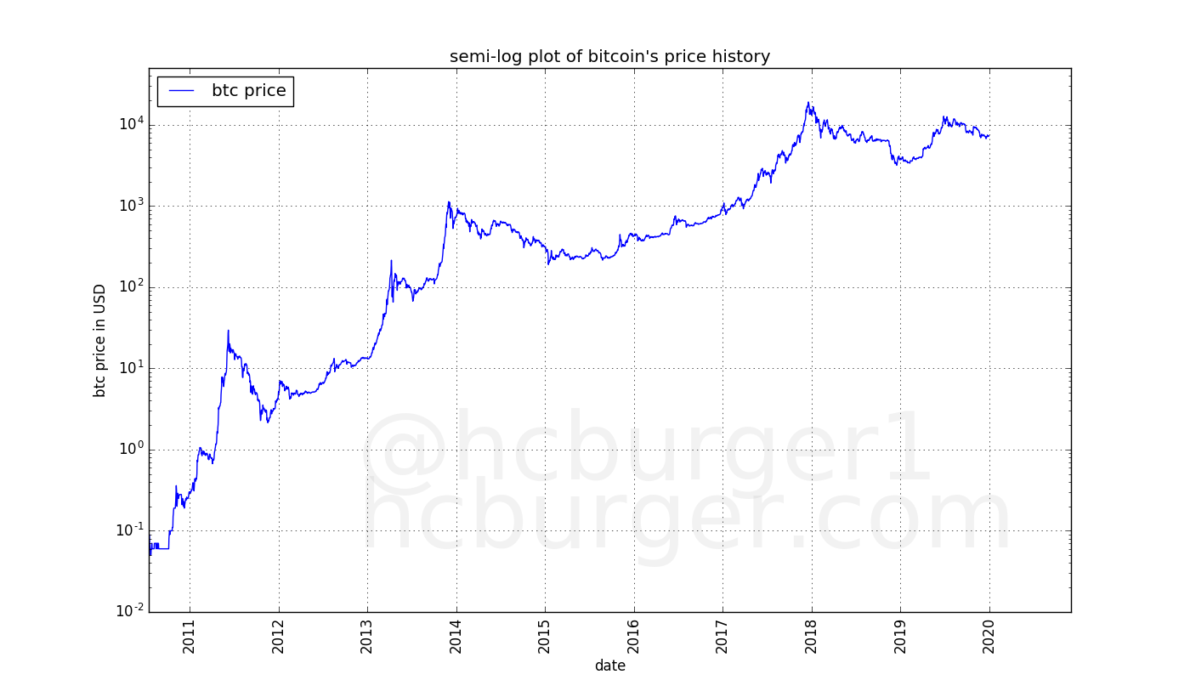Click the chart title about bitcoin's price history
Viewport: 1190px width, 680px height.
click(x=609, y=57)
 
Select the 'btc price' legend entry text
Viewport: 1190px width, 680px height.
click(x=248, y=91)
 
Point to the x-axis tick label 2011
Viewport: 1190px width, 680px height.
click(x=190, y=637)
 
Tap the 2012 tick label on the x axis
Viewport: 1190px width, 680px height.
click(x=279, y=637)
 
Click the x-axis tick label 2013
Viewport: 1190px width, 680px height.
click(x=367, y=637)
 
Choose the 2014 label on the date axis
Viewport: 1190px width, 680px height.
click(x=456, y=637)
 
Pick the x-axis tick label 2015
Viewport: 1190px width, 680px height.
click(x=545, y=637)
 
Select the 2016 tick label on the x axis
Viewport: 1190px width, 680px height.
click(x=634, y=637)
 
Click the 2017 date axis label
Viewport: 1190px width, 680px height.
click(x=722, y=637)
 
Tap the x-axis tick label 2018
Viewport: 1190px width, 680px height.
click(x=812, y=637)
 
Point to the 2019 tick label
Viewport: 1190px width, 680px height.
click(x=900, y=637)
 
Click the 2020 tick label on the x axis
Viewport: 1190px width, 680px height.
click(x=989, y=637)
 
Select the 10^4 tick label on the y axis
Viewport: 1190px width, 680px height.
click(x=130, y=124)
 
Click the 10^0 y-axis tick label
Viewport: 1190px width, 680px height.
click(x=130, y=449)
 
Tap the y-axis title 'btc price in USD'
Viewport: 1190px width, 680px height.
click(x=100, y=340)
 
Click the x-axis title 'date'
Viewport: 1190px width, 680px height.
click(x=609, y=666)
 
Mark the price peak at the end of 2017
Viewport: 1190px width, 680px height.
click(x=808, y=103)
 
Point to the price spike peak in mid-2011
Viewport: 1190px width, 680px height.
click(x=228, y=331)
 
